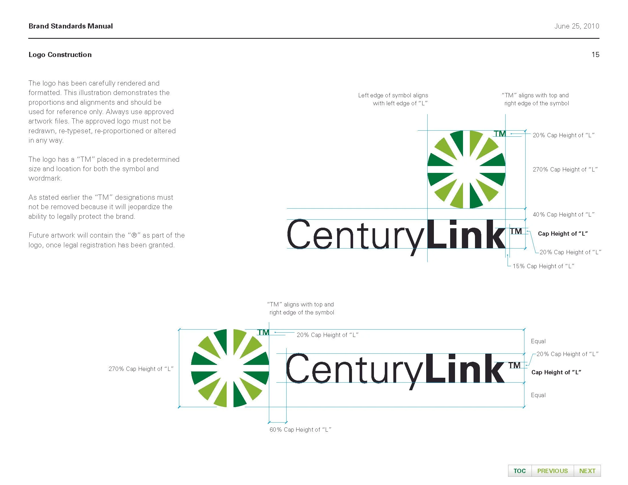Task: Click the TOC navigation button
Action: click(519, 471)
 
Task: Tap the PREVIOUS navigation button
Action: click(552, 471)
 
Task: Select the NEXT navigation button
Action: click(587, 471)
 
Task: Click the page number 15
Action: click(595, 54)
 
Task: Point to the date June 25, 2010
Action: click(577, 26)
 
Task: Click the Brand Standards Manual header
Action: click(71, 26)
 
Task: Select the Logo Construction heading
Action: click(60, 54)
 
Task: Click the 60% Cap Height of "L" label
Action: click(300, 430)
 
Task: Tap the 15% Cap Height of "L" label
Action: click(543, 266)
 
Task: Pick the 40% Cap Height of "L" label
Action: click(563, 214)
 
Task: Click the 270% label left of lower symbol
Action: click(141, 369)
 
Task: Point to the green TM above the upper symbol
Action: click(500, 134)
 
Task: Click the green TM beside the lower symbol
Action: click(263, 332)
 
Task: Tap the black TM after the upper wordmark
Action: click(516, 231)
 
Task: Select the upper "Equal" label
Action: click(538, 341)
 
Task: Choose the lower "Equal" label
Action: click(538, 395)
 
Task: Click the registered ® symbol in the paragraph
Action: click(134, 235)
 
